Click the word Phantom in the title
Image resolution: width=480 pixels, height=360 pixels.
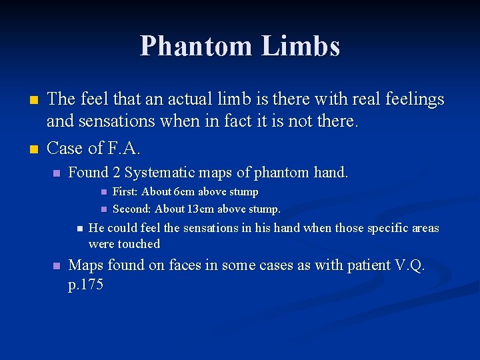click(x=197, y=46)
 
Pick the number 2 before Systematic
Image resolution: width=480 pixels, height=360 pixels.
click(x=116, y=173)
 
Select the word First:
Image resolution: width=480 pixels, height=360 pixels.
click(x=126, y=192)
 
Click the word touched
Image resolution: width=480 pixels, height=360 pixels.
click(x=139, y=244)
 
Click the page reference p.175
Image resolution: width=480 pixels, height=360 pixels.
click(x=86, y=285)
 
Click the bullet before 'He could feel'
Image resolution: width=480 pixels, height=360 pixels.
click(x=79, y=229)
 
